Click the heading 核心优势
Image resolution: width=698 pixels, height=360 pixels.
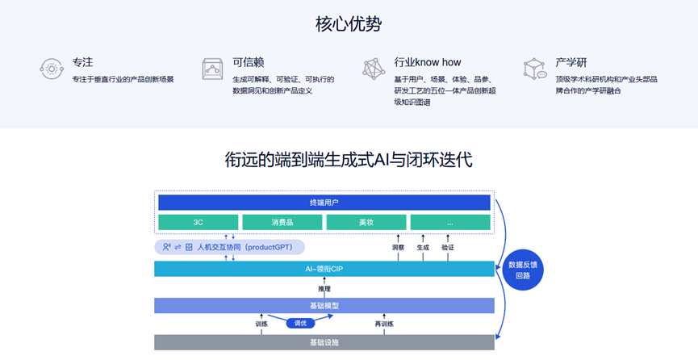pyautogui.click(x=349, y=24)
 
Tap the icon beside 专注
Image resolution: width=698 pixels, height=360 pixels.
pyautogui.click(x=52, y=69)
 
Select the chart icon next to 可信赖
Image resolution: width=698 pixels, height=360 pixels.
pyautogui.click(x=212, y=69)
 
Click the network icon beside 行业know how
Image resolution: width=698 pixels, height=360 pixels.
pyautogui.click(x=374, y=69)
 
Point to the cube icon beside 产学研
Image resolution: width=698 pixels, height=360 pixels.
pyautogui.click(x=535, y=69)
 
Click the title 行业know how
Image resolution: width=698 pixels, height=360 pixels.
pyautogui.click(x=428, y=62)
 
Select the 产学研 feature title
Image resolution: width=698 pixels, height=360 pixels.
pyautogui.click(x=571, y=62)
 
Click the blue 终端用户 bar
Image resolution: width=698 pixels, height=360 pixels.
pyautogui.click(x=324, y=203)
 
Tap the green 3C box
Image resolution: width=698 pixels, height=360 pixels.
pyautogui.click(x=198, y=222)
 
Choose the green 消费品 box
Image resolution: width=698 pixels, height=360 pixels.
pyautogui.click(x=282, y=222)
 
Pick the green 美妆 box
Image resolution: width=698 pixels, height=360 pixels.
pyautogui.click(x=366, y=222)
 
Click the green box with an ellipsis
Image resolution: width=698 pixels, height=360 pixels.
pyautogui.click(x=450, y=222)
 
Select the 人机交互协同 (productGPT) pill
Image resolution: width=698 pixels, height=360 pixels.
pyautogui.click(x=230, y=247)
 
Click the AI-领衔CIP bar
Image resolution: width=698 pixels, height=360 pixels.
pyautogui.click(x=324, y=269)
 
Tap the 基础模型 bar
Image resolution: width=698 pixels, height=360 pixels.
pyautogui.click(x=324, y=306)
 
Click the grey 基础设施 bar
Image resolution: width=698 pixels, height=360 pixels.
pyautogui.click(x=324, y=342)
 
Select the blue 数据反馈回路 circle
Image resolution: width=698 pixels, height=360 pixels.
pyautogui.click(x=523, y=270)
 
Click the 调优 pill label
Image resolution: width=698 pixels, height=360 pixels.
pyautogui.click(x=300, y=324)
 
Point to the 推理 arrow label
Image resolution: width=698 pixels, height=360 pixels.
pyautogui.click(x=324, y=289)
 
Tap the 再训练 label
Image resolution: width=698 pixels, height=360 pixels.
pyautogui.click(x=384, y=324)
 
